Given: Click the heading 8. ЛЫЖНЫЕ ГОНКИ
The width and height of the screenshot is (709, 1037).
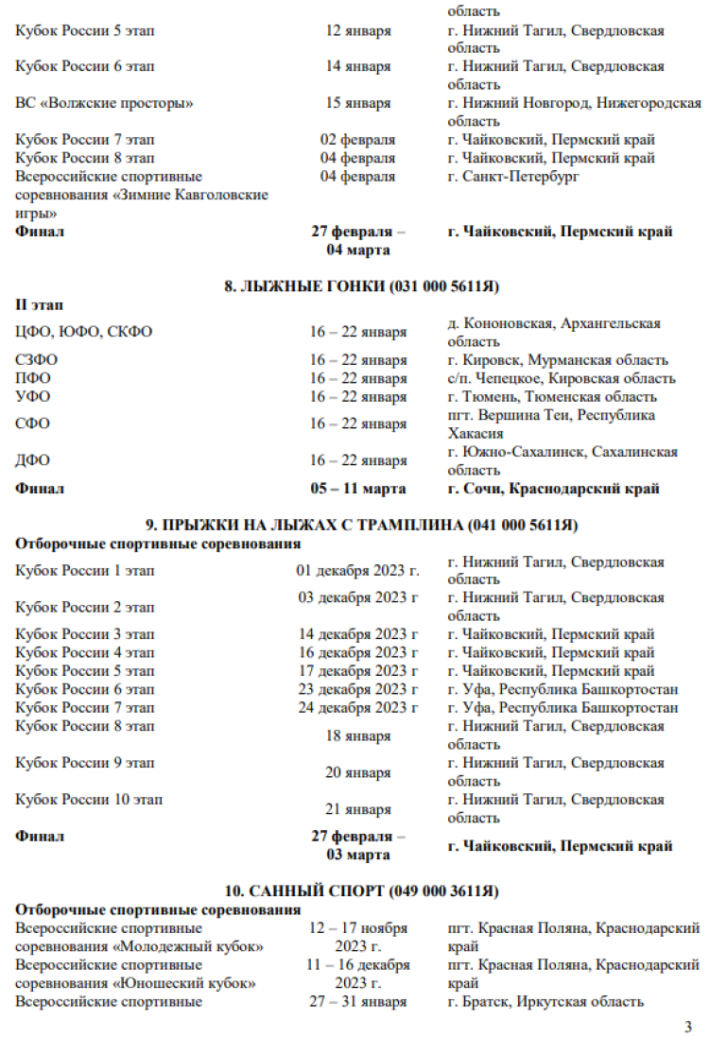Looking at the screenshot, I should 361,286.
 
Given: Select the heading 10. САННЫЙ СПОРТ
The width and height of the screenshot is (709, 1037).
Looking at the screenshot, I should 361,890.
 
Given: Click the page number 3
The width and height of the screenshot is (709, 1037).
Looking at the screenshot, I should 688,1027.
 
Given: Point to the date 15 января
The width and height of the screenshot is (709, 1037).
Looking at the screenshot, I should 357,103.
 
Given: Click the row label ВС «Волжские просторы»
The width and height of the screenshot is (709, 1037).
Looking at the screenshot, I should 104,103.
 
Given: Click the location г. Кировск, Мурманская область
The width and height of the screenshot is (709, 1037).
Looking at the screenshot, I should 558,360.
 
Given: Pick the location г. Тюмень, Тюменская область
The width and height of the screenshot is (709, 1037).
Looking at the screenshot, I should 552,397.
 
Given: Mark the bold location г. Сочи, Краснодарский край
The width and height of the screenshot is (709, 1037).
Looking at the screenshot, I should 553,489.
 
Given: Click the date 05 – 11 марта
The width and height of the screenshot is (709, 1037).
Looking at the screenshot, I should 357,489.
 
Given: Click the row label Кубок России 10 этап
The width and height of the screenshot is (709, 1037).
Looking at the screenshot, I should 89,800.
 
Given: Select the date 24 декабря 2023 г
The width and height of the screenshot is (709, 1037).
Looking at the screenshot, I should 357,708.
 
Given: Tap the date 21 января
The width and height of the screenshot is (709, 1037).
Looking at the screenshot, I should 357,809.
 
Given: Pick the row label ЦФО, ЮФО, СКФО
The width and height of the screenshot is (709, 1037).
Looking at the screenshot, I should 83,332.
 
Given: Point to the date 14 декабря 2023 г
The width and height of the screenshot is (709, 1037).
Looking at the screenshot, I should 357,634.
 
